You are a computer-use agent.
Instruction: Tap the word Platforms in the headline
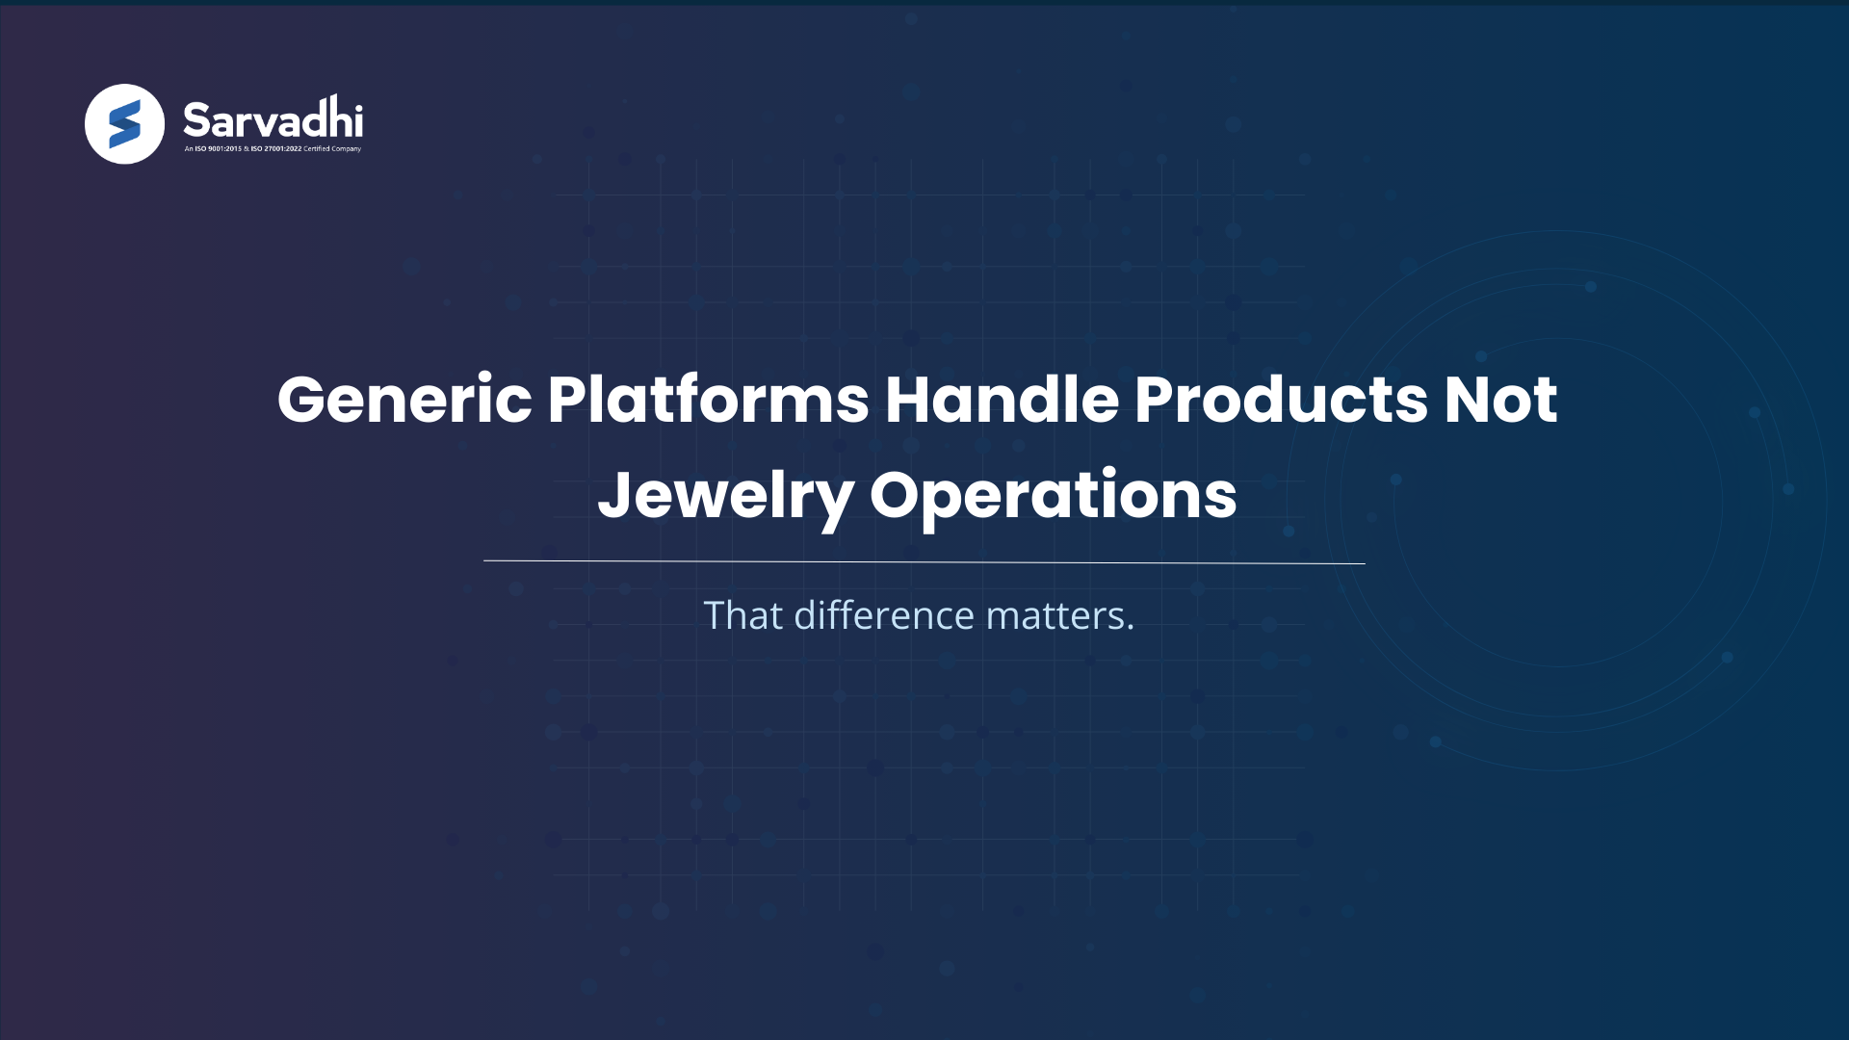[x=709, y=400]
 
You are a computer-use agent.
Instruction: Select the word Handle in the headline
[x=1002, y=400]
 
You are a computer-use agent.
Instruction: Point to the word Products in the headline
[x=1281, y=400]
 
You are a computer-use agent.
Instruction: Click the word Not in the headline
[x=1500, y=400]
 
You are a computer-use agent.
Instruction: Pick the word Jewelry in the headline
[x=725, y=497]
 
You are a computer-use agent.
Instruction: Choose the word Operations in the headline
[x=1053, y=497]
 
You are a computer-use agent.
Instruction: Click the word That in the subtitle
[x=742, y=615]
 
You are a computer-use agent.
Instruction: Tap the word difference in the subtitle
[x=884, y=615]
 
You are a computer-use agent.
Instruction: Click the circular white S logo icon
[x=124, y=124]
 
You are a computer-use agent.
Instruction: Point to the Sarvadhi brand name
[x=273, y=119]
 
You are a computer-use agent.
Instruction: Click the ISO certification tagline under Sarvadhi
[x=273, y=149]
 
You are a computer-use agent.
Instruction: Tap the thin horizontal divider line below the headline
[x=924, y=561]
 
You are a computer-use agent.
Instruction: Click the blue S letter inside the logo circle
[x=124, y=125]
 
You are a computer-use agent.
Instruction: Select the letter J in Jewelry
[x=614, y=495]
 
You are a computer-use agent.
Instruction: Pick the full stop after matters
[x=1131, y=628]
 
